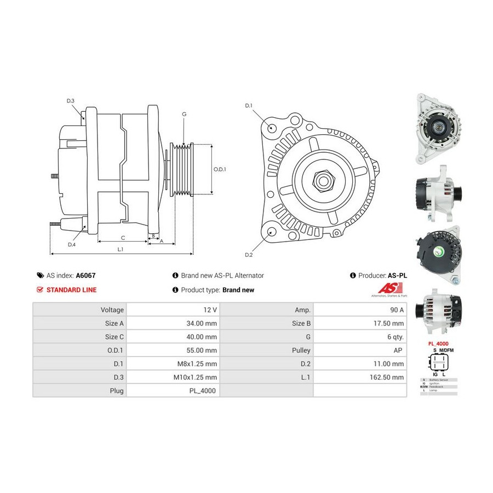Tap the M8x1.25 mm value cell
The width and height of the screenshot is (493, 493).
(200, 363)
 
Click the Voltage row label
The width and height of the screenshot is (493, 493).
(113, 309)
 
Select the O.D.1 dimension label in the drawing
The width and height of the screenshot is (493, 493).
(220, 169)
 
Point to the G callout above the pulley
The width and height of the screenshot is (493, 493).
(184, 114)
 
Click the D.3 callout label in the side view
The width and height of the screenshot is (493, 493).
(70, 101)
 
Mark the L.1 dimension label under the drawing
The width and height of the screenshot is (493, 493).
(120, 249)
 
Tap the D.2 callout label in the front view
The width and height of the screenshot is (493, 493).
(249, 255)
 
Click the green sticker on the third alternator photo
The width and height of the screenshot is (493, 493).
(439, 253)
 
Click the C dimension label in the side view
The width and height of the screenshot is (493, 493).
(123, 238)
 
